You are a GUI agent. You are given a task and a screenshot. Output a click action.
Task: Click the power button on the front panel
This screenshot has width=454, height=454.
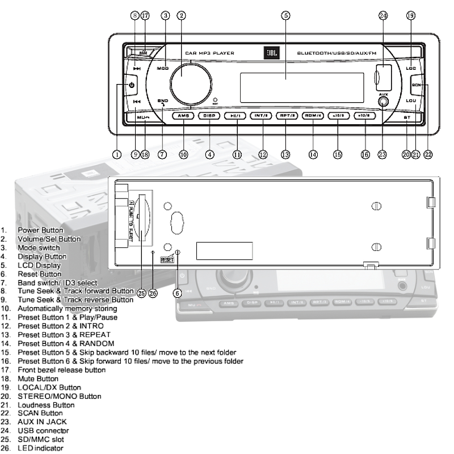pos(131,86)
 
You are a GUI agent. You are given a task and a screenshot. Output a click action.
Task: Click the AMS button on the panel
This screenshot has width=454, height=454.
pos(183,116)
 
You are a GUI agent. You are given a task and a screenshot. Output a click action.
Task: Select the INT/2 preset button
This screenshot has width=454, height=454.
pos(262,116)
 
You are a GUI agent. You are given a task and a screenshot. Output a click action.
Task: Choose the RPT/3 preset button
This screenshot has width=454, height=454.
pos(287,116)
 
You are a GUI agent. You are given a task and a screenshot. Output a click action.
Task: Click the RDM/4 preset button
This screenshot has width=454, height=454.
pos(312,116)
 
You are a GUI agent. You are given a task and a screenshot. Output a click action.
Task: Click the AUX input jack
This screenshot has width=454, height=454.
pos(384,103)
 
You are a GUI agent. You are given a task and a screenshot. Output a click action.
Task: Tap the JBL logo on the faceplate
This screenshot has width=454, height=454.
pos(269,53)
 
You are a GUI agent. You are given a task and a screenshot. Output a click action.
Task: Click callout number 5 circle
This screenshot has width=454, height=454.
pos(285,15)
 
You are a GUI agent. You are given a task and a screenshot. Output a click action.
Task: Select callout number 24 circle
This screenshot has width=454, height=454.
pos(383,15)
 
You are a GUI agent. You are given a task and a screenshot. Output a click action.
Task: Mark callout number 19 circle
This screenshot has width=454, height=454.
pos(411,15)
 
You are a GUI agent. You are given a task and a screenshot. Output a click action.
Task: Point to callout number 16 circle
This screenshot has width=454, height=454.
pos(365,154)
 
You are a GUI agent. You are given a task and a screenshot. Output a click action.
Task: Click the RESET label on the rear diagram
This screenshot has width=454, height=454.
pos(167,259)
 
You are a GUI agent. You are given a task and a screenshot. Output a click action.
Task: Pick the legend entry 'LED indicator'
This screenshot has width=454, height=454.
pos(40,448)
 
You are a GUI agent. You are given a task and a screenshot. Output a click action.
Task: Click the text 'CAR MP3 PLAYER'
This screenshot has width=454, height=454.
pos(209,53)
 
